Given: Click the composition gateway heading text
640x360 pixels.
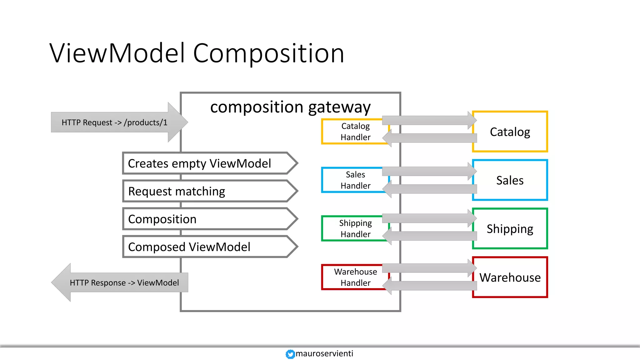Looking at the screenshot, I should [x=290, y=107].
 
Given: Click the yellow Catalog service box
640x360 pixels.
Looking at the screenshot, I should [x=510, y=132].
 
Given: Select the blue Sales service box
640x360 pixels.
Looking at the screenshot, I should [x=510, y=180].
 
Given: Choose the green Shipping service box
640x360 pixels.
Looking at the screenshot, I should [x=510, y=228].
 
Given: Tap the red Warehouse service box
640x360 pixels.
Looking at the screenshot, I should [x=510, y=277].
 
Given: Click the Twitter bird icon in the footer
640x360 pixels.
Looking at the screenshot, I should [x=290, y=354].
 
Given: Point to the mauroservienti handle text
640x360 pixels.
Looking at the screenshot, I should [x=324, y=353].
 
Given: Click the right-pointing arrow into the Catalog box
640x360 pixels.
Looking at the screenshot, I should [x=428, y=120].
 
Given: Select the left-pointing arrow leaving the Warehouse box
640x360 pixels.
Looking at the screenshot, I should [x=431, y=286].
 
